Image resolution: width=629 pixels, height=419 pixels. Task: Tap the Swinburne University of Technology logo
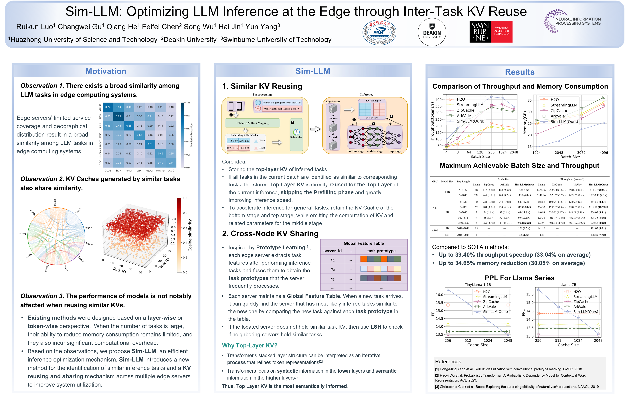pos(491,32)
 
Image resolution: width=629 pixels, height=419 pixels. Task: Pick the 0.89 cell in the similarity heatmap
pos(118,116)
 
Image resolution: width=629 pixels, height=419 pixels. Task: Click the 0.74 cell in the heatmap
pos(108,107)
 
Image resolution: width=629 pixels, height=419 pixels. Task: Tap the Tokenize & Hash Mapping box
pos(252,123)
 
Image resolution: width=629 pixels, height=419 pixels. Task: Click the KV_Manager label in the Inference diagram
pos(373,101)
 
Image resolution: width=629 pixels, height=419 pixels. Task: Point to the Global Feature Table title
pos(363,243)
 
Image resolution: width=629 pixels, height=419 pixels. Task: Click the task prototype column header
pos(381,251)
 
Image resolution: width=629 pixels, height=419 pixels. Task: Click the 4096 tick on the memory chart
pos(604,153)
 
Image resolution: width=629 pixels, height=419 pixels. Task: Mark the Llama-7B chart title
pos(568,285)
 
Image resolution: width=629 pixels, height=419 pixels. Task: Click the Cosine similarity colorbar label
pos(190,235)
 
